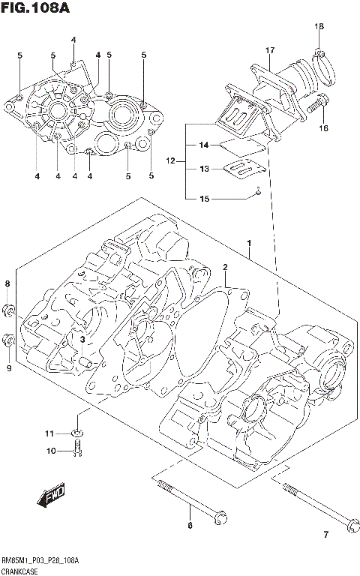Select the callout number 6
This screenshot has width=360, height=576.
tap(190, 525)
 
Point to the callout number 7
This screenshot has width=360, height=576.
tap(325, 534)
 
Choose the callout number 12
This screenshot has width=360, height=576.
tap(170, 160)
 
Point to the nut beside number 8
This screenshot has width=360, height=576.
tap(8, 309)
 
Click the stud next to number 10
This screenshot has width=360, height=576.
tap(77, 450)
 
